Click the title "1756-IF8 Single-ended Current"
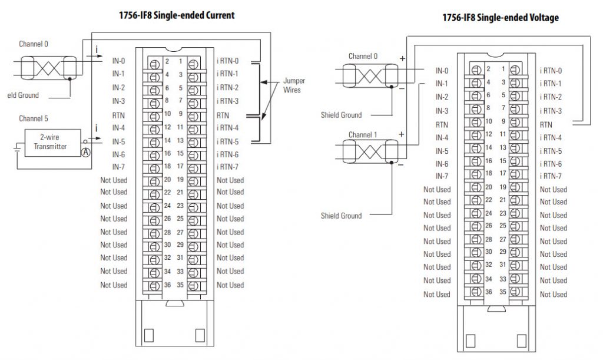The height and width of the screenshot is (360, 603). tap(177, 15)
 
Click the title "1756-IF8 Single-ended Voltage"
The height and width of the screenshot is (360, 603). tap(501, 18)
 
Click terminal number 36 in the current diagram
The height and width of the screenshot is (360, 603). tap(167, 285)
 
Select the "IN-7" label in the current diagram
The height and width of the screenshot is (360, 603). tap(118, 167)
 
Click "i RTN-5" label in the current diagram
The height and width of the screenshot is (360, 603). tap(227, 141)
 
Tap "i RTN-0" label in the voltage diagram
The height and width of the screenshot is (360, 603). tap(551, 71)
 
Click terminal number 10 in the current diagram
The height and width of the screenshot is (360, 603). tap(167, 113)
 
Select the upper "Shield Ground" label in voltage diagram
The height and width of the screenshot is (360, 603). tap(341, 115)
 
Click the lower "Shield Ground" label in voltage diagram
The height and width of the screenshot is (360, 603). tap(341, 216)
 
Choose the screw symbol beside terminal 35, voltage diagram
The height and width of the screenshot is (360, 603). tap(516, 293)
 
